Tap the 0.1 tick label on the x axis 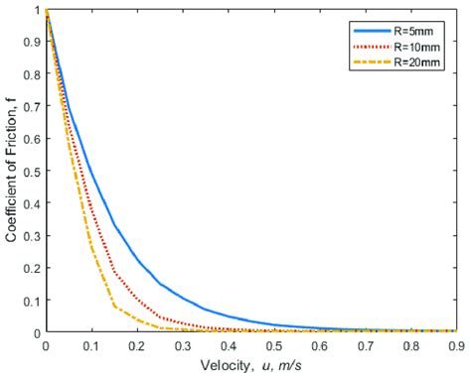[x=91, y=347]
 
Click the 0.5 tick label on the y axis [x=33, y=172]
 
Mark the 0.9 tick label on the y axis [x=33, y=43]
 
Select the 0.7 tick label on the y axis [x=33, y=107]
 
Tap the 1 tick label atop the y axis [x=37, y=11]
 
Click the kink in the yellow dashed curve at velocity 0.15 [x=114, y=306]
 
